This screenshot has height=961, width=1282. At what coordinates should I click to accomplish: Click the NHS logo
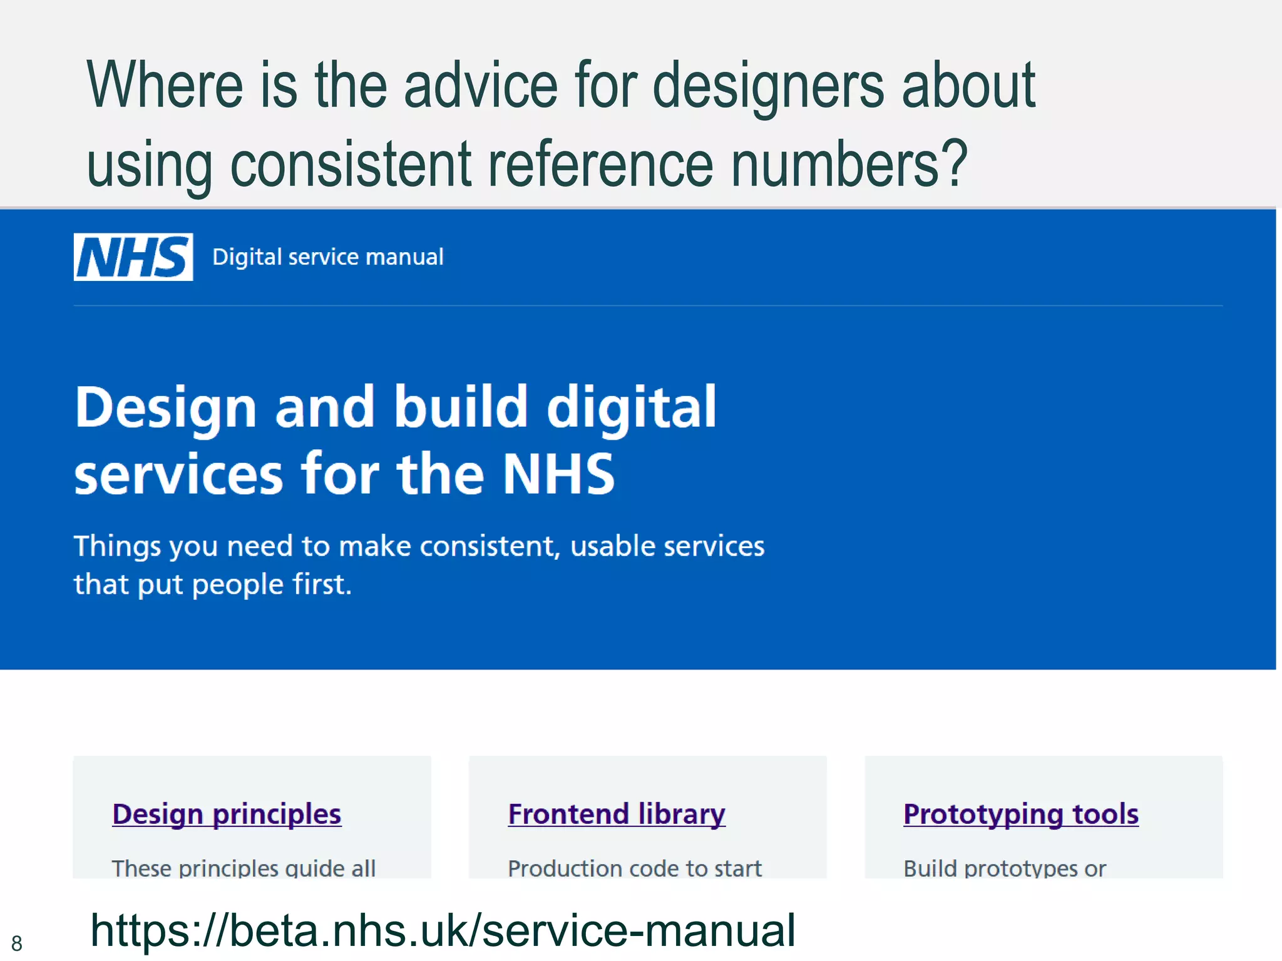click(133, 257)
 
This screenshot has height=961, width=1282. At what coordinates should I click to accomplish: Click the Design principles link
click(227, 814)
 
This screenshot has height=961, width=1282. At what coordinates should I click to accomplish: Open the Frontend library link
click(617, 814)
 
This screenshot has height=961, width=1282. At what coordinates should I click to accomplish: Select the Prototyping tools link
click(1021, 814)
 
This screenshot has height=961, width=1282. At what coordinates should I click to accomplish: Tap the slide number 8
click(17, 943)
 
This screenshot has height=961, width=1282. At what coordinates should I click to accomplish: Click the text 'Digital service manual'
click(327, 257)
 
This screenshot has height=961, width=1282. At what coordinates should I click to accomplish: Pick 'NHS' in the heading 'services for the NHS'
click(559, 474)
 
